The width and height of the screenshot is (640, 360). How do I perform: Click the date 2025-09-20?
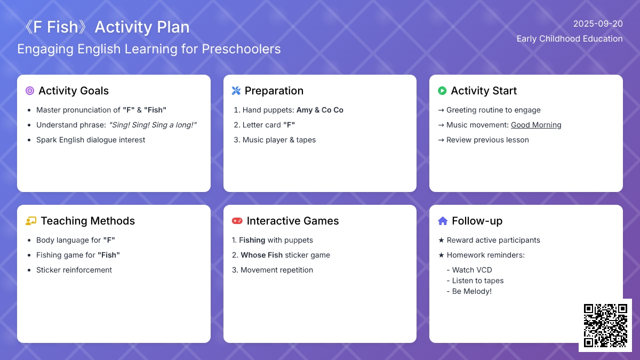point(598,23)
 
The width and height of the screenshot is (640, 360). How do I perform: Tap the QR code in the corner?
point(605,325)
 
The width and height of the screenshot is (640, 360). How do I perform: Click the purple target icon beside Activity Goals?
point(30,91)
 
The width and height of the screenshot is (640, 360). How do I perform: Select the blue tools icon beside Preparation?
point(236,91)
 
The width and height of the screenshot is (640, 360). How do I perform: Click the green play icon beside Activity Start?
point(442,91)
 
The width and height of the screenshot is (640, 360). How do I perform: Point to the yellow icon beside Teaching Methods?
point(31,221)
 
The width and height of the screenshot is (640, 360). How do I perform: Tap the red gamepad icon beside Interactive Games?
point(237,221)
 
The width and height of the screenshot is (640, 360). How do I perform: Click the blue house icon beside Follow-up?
point(443,221)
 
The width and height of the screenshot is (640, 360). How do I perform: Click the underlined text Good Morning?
point(536,125)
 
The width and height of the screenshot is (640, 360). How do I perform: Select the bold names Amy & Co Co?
point(320,110)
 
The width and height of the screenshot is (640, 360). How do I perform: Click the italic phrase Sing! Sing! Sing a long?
point(153,125)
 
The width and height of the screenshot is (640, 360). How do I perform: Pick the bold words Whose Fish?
point(262,255)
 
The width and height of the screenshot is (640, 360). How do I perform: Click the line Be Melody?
point(469,291)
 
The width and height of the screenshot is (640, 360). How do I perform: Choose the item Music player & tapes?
point(279,140)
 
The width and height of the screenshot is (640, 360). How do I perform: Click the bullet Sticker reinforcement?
point(74,270)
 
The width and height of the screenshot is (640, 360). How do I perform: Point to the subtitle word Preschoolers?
point(242,49)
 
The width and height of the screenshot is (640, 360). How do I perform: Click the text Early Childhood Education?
point(570,39)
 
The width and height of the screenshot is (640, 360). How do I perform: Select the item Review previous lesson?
point(487,140)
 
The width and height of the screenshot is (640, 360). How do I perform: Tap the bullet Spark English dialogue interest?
point(91,140)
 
